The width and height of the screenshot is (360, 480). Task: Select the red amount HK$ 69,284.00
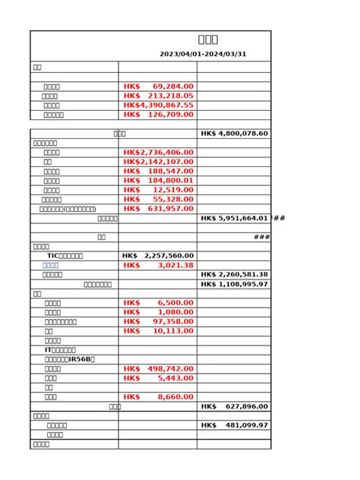(x=158, y=87)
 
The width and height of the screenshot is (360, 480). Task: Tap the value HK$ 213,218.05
(x=158, y=96)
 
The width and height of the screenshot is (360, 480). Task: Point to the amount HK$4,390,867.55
(x=158, y=106)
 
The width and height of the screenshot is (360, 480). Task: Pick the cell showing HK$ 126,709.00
(x=158, y=115)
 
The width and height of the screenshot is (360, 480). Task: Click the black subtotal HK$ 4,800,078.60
(x=234, y=134)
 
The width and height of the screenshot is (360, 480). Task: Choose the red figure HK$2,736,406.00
(x=158, y=153)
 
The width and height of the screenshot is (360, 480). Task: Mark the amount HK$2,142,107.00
(x=158, y=162)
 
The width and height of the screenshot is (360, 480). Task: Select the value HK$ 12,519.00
(x=158, y=190)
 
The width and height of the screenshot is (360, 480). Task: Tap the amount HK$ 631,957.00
(x=158, y=209)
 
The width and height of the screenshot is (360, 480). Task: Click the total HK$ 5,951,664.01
(x=234, y=219)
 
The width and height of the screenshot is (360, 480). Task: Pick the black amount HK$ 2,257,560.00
(x=158, y=256)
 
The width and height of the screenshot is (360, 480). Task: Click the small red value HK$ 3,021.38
(x=158, y=265)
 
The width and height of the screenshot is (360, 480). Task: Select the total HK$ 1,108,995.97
(x=234, y=284)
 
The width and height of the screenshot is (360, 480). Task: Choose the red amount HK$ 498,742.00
(x=158, y=368)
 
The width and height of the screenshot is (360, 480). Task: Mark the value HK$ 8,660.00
(x=158, y=396)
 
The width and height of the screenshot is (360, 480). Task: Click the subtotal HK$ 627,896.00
(x=234, y=406)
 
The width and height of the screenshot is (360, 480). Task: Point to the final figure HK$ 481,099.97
(x=234, y=425)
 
